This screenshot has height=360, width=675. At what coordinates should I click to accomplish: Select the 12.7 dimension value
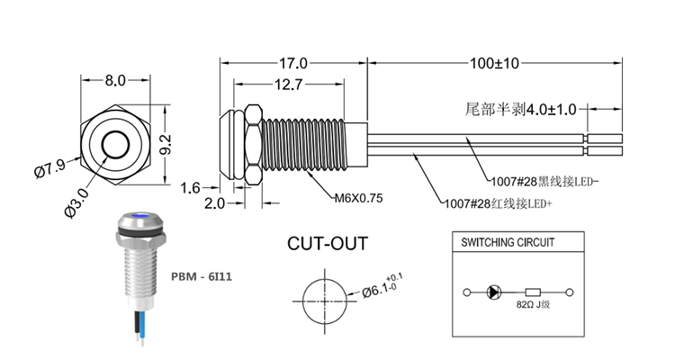(288, 86)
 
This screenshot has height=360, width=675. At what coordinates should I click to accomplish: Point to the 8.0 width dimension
(115, 80)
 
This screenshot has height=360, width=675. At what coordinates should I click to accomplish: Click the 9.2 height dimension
(165, 144)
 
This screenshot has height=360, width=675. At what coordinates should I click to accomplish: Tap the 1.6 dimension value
(191, 187)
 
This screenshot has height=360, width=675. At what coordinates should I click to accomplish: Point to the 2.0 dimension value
(213, 203)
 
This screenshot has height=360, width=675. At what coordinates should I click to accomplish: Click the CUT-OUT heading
(328, 244)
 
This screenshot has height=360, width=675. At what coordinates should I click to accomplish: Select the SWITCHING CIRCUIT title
(508, 243)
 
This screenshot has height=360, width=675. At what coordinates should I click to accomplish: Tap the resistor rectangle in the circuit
(532, 292)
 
